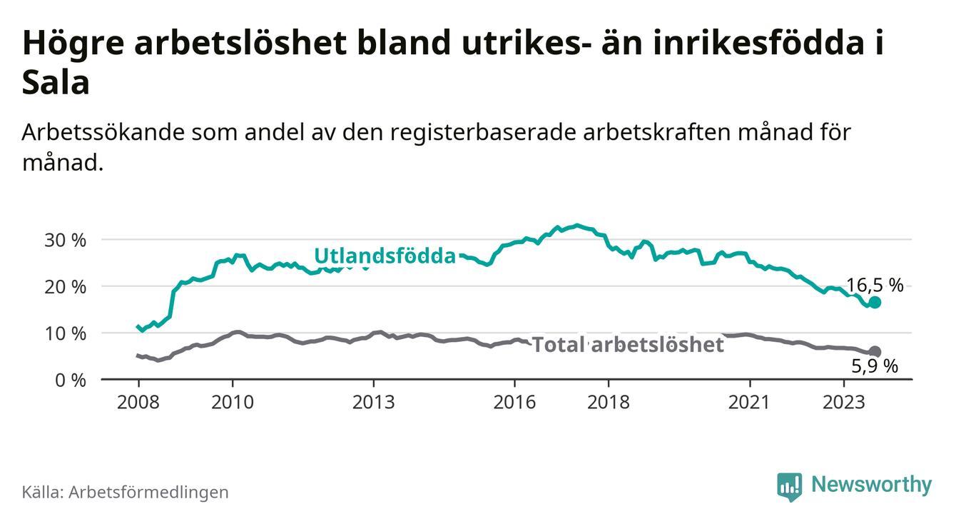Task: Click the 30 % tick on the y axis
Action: pyautogui.click(x=65, y=241)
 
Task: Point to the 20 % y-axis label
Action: pyautogui.click(x=65, y=287)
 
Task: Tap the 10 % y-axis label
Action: pyautogui.click(x=65, y=333)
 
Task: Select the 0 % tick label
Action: pyautogui.click(x=71, y=380)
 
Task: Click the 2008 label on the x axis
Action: pyautogui.click(x=138, y=403)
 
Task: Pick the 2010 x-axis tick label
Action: pyautogui.click(x=233, y=403)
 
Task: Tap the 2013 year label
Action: pyautogui.click(x=373, y=403)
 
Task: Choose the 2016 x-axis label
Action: pyautogui.click(x=514, y=403)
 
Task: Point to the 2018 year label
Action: pyautogui.click(x=609, y=403)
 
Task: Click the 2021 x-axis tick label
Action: pyautogui.click(x=749, y=403)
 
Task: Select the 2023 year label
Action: pyautogui.click(x=844, y=403)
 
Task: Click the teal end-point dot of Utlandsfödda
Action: pyautogui.click(x=875, y=303)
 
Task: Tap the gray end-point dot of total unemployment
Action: pyautogui.click(x=875, y=351)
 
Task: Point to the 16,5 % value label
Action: pyautogui.click(x=875, y=286)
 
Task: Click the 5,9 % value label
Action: pyautogui.click(x=875, y=366)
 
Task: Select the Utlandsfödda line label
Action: pyautogui.click(x=385, y=256)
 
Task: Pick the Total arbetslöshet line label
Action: pyautogui.click(x=629, y=344)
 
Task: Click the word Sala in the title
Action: pyautogui.click(x=56, y=82)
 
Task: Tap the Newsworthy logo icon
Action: pyautogui.click(x=790, y=486)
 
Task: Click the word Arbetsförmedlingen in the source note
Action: pyautogui.click(x=148, y=492)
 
